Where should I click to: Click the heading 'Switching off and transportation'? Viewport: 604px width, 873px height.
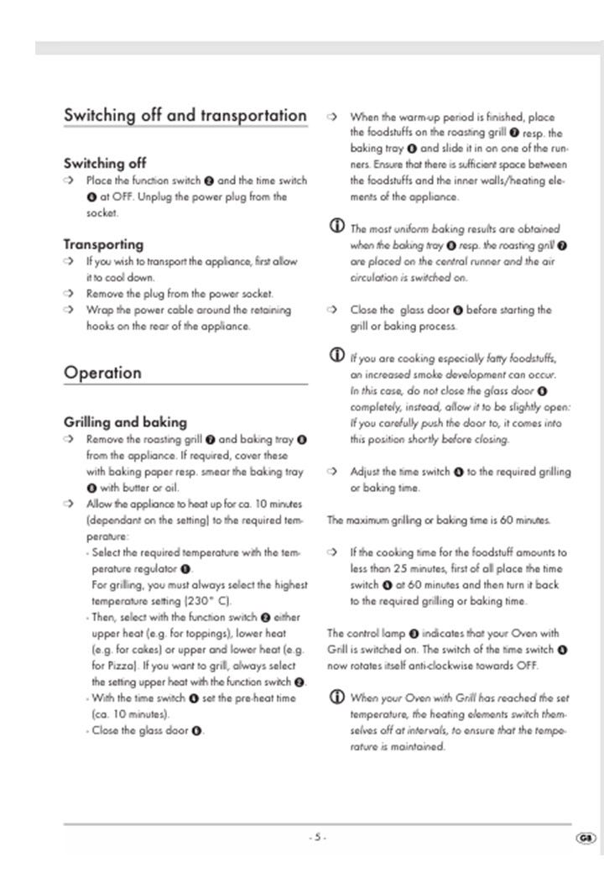185,115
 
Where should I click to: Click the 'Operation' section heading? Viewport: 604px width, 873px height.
103,372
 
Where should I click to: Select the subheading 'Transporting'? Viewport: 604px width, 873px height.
103,244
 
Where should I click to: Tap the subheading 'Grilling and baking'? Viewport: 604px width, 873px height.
125,421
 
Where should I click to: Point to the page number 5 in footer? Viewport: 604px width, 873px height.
317,838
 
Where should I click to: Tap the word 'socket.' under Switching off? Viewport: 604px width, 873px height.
102,213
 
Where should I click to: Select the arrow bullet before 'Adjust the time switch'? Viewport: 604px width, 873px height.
332,472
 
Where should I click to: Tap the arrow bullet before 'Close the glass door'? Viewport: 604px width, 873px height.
332,310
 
